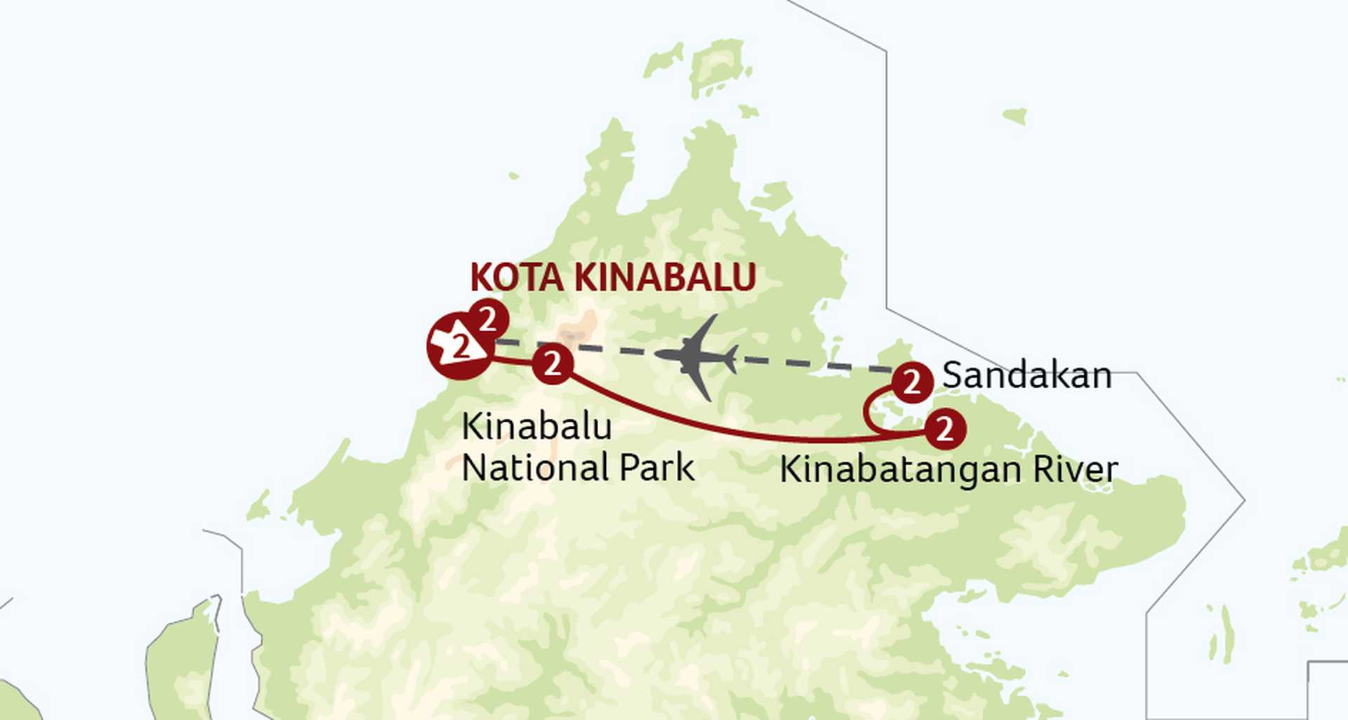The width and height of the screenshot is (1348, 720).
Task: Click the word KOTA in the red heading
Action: pos(516,277)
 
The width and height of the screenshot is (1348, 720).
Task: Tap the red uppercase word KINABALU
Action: pos(664,277)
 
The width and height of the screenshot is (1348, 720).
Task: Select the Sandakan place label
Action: pos(1026,375)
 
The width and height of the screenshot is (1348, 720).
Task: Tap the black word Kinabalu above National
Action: pos(536,427)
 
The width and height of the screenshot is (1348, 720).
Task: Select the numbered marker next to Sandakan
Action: pos(912,382)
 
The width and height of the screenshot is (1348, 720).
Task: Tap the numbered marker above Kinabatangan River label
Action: pos(945,429)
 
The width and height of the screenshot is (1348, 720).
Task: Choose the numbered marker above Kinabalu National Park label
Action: pos(553,364)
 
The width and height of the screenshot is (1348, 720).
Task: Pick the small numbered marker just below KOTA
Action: pos(488,319)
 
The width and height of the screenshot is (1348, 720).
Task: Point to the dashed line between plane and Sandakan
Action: pos(814,364)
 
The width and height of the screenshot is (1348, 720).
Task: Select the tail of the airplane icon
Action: pos(731,359)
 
